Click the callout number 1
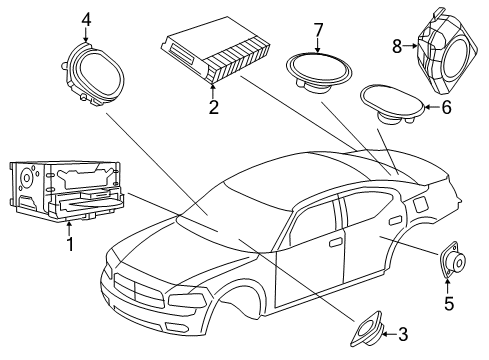pos(69,243)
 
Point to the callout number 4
pos(86,19)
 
